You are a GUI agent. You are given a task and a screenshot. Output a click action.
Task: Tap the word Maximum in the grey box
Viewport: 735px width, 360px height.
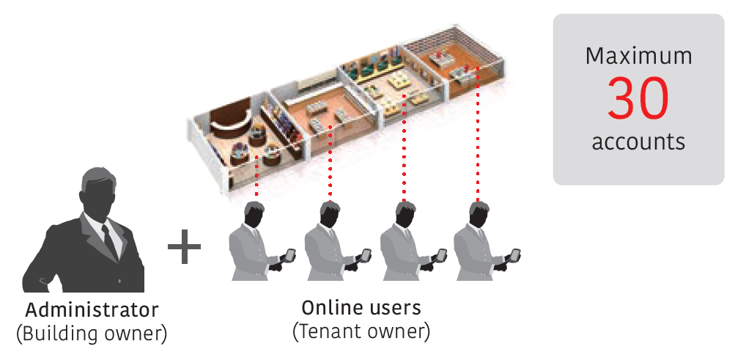(638, 56)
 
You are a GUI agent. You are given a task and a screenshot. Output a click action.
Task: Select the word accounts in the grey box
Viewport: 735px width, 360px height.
(638, 141)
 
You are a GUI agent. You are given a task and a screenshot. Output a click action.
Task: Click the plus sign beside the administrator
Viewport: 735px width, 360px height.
(184, 246)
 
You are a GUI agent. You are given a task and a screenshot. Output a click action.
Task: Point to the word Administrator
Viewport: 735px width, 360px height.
(92, 309)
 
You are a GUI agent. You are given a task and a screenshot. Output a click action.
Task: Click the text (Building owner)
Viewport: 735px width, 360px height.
(92, 334)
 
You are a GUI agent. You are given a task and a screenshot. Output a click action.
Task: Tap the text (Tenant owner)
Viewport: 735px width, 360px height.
(361, 331)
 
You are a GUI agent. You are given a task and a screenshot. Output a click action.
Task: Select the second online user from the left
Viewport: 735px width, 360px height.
(329, 246)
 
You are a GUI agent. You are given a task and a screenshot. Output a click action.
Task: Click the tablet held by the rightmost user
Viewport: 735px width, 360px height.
(514, 255)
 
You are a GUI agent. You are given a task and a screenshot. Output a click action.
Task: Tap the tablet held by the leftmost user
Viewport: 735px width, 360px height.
(290, 255)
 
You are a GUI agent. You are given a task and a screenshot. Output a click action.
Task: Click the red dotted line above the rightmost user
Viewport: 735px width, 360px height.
(478, 132)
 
